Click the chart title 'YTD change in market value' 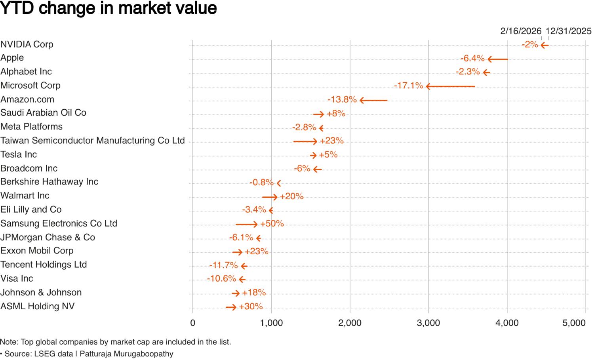coord(109,8)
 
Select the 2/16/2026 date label coord(520,31)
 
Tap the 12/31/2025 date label coord(568,31)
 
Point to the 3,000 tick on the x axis coord(428,323)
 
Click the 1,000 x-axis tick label coord(271,323)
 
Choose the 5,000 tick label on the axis coord(574,323)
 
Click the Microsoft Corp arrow coord(450,86)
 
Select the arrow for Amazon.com coord(373,100)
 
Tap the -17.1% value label coord(408,86)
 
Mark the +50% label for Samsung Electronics coord(272,224)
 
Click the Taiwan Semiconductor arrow coord(305,141)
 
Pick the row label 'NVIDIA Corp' coord(27,44)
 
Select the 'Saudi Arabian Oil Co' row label coord(43,113)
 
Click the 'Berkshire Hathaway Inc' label coord(49,182)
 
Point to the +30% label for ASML coord(251,307)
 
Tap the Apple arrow coord(498,59)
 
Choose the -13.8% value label coord(342,99)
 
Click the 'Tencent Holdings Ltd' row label coord(44,265)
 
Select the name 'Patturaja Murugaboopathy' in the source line coord(126,354)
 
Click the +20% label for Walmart coord(291,196)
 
